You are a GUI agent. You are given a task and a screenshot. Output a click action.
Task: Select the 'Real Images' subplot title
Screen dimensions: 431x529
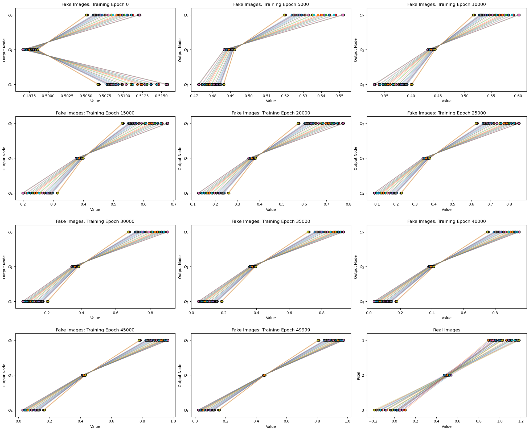[446, 330]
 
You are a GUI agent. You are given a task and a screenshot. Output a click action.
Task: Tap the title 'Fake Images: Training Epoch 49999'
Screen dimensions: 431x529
[271, 330]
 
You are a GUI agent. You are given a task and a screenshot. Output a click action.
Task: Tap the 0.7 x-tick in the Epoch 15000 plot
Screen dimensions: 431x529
[174, 204]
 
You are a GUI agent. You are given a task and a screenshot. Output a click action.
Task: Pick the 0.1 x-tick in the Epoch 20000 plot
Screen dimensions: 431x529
[193, 204]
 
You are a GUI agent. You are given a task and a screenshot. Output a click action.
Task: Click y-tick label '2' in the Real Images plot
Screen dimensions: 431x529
[362, 375]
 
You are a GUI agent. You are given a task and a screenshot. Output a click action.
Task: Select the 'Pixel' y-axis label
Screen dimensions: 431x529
[358, 375]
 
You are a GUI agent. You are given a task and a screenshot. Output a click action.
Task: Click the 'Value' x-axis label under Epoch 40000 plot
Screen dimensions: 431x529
[446, 318]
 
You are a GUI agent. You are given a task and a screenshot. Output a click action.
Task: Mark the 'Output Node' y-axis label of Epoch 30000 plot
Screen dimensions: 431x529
[4, 267]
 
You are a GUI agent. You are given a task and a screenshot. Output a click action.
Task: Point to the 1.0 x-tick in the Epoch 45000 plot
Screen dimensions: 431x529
[173, 421]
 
